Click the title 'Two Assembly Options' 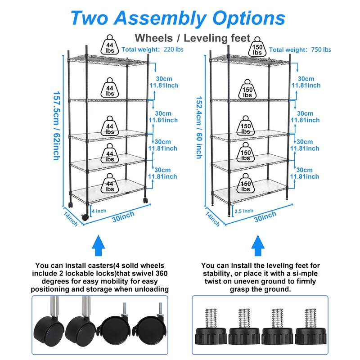[x=178, y=18]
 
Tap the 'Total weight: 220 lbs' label [x=148, y=50]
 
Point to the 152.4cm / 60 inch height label [x=198, y=126]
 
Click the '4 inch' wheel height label [x=99, y=210]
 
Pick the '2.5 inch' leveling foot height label [x=244, y=211]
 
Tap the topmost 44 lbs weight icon [x=110, y=45]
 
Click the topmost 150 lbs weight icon [x=257, y=47]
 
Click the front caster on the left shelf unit [x=85, y=216]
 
